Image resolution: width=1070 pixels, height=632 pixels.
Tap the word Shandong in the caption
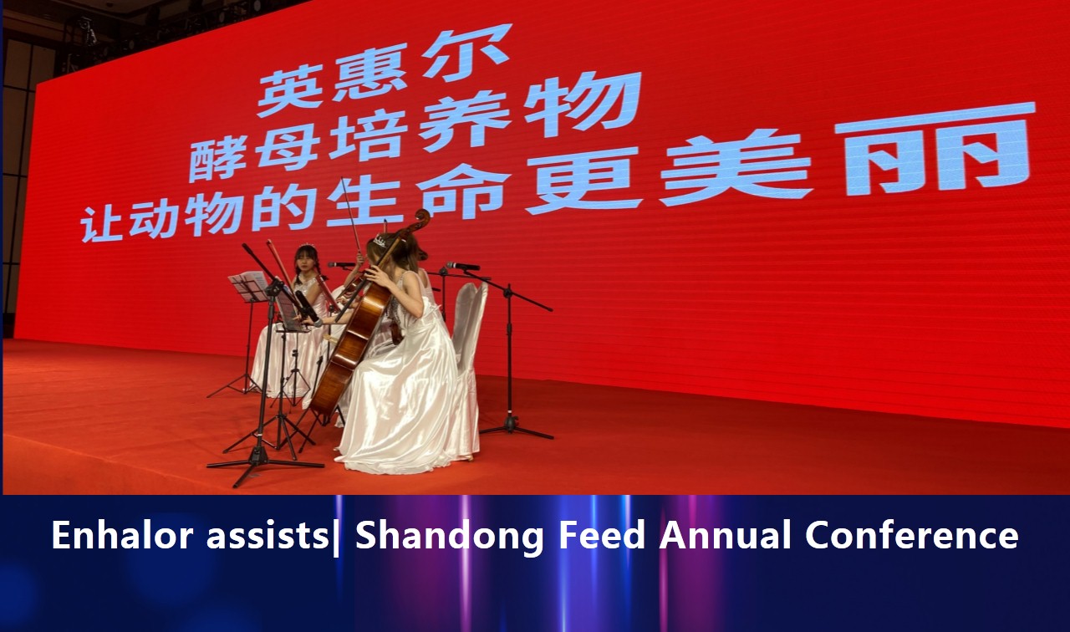pos(450,536)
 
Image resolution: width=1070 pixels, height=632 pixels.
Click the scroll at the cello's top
pos(419,222)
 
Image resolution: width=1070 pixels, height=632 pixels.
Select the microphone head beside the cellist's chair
pos(462,266)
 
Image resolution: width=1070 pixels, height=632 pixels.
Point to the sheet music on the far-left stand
pos(248,287)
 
